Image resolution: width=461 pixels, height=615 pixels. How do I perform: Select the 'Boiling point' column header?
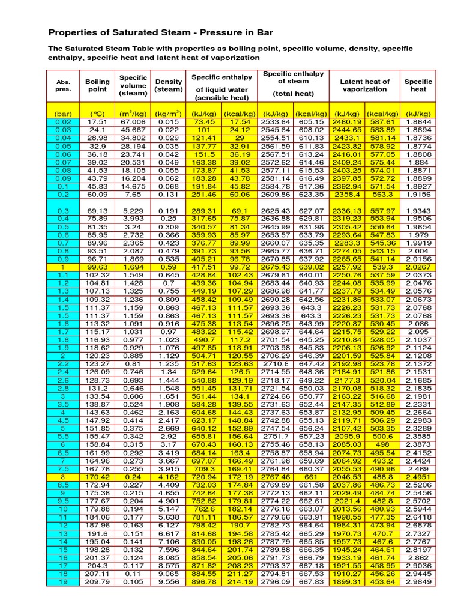coord(97,85)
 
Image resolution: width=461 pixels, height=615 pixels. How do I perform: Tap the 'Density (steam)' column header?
coord(169,85)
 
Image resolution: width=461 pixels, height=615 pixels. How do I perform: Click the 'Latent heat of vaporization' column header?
coord(364,85)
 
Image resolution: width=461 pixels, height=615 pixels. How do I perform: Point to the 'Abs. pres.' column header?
coord(63,85)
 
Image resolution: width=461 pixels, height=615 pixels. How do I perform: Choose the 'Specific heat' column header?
coord(418,85)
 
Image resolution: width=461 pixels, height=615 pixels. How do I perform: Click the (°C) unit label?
coord(97,113)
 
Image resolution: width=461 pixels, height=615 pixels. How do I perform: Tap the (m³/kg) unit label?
coord(133,113)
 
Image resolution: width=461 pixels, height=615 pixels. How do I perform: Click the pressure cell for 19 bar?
coord(63,581)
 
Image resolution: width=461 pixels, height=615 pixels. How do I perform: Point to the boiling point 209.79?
coord(97,581)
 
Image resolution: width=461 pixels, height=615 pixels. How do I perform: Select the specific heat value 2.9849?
coord(418,581)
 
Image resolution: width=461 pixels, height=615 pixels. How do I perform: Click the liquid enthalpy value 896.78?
coord(205,581)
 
